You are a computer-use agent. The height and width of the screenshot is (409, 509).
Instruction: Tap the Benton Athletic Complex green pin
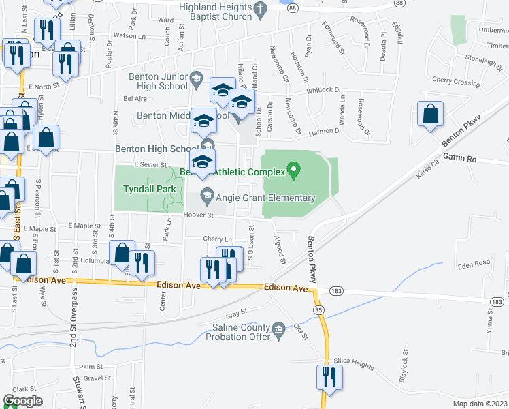(294, 168)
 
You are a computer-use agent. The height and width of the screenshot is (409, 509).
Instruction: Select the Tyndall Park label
(150, 189)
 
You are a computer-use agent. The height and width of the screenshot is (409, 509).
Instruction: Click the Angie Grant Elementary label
(265, 198)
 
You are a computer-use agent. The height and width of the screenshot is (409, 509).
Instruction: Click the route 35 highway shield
(318, 310)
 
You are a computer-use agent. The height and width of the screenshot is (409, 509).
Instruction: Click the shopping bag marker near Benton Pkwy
(431, 115)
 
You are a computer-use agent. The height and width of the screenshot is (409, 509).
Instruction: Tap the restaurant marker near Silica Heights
(329, 378)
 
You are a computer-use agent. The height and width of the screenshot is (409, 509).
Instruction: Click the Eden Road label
(474, 262)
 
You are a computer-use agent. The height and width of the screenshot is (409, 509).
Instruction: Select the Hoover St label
(199, 215)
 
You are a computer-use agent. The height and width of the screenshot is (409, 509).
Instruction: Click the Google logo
(23, 401)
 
